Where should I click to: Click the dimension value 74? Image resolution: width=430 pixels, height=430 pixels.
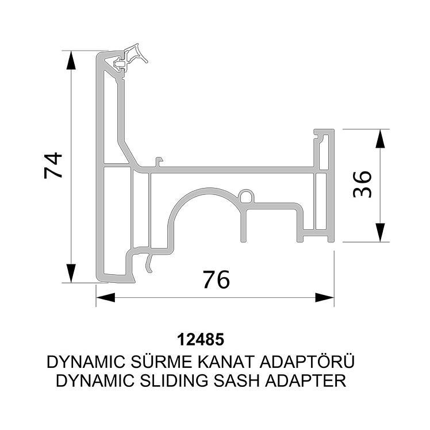(x=53, y=166)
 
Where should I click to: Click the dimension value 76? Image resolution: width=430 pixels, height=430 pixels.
(x=216, y=279)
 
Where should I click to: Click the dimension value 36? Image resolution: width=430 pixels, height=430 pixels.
(x=362, y=184)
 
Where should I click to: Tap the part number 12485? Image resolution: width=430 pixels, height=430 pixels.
(x=201, y=340)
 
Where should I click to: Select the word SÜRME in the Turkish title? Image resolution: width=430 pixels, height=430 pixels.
(x=162, y=362)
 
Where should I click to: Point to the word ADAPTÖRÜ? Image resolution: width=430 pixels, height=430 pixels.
(x=307, y=362)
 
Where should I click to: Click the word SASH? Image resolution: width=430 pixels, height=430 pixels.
(x=236, y=381)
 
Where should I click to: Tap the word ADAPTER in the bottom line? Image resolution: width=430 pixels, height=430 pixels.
(x=305, y=381)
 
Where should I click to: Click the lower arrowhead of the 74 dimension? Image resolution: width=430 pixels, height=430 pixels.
(x=71, y=273)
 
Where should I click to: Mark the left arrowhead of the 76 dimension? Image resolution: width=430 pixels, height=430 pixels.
(x=106, y=298)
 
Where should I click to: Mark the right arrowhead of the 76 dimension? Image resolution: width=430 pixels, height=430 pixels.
(x=325, y=298)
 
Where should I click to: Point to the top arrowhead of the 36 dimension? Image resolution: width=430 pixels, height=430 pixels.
(x=380, y=139)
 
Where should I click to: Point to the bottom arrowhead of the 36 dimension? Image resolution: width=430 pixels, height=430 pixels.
(x=380, y=233)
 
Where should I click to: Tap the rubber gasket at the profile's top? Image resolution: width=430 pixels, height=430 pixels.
(x=132, y=59)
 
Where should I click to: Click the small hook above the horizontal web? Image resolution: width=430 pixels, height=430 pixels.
(x=159, y=162)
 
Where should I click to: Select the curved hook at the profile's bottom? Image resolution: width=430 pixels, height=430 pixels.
(x=148, y=263)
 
